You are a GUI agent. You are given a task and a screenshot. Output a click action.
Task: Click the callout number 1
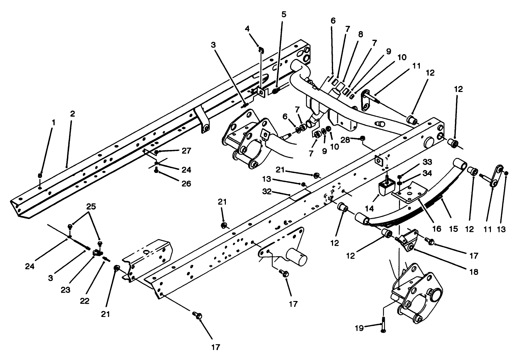click(53, 123)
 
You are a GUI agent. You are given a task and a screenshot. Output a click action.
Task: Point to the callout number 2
click(72, 114)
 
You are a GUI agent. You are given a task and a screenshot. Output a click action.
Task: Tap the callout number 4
click(247, 28)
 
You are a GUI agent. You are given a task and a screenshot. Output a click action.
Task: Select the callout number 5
click(284, 14)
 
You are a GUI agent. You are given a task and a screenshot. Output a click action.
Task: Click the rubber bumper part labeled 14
click(385, 188)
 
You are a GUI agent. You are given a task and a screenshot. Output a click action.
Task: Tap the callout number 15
click(453, 229)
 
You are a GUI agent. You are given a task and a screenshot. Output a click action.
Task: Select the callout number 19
click(359, 327)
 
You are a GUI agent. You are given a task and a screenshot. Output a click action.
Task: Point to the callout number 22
click(84, 301)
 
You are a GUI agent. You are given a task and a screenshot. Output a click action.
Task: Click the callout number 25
click(91, 206)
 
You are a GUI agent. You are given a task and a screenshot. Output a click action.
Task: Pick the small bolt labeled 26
click(157, 170)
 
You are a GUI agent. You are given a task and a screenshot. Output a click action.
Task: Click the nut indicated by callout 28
click(363, 139)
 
